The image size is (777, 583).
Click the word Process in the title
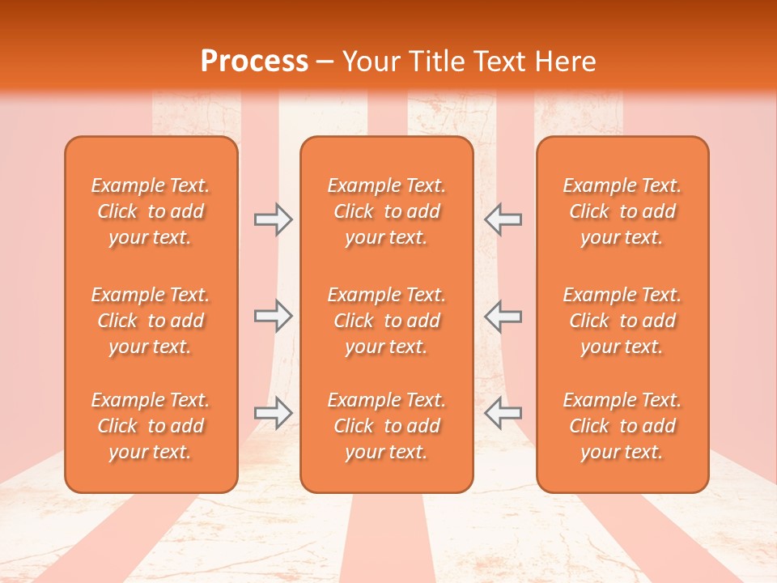(254, 62)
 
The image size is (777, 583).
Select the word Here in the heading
(564, 62)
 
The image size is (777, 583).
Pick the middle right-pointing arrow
(273, 317)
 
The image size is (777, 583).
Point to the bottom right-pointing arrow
(273, 413)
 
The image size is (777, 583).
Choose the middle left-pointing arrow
(503, 317)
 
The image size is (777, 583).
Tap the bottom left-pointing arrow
(503, 413)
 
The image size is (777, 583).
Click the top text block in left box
(151, 211)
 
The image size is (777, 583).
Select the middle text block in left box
(151, 321)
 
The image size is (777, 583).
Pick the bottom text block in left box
(151, 426)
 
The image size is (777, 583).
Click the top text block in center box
(386, 211)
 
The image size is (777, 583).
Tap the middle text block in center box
(386, 321)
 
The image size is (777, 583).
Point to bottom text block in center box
(386, 426)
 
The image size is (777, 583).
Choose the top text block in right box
(622, 211)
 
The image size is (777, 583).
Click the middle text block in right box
(622, 321)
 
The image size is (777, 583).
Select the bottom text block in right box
(622, 426)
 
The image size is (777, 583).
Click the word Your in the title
(369, 62)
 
